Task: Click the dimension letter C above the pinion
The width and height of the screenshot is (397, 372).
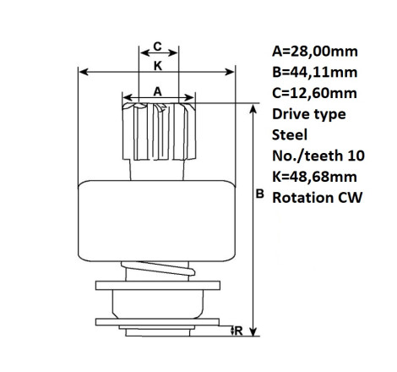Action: pyautogui.click(x=157, y=46)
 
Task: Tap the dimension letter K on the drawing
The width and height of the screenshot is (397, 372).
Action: pyautogui.click(x=158, y=66)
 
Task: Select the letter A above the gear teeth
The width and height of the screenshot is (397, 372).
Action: pyautogui.click(x=158, y=91)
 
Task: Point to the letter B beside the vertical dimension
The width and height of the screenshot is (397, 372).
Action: pyautogui.click(x=259, y=194)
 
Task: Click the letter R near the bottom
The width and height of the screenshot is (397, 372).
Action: pyautogui.click(x=238, y=331)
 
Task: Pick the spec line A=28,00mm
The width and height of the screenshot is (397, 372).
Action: pyautogui.click(x=315, y=52)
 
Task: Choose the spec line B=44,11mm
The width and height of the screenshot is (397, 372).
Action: pyautogui.click(x=315, y=73)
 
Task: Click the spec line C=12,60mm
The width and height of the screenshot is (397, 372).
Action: pyautogui.click(x=314, y=93)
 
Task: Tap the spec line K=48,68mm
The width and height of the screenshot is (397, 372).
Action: pyautogui.click(x=314, y=177)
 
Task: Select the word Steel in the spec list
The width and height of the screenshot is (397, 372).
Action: pyautogui.click(x=290, y=135)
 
